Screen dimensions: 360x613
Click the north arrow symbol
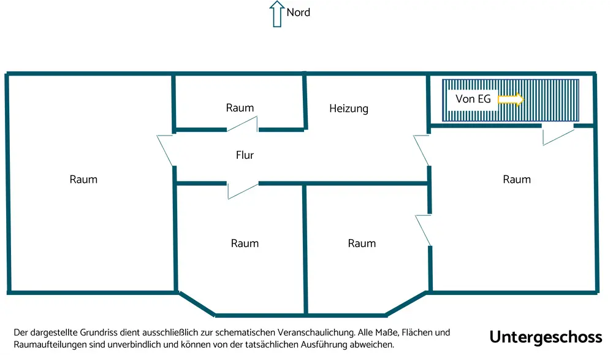tap(277, 14)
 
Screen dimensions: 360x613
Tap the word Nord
tap(299, 12)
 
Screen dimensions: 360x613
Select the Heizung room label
tap(349, 109)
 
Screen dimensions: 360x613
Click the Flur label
tap(245, 155)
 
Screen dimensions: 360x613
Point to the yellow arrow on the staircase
tap(510, 99)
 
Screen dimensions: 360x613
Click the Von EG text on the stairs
tap(473, 99)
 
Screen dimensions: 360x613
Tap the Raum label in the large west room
tap(83, 179)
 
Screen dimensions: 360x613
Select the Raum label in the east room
tap(517, 179)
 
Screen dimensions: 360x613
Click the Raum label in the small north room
tap(240, 108)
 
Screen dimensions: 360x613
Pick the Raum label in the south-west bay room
tap(245, 243)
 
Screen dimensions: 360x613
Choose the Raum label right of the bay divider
tap(362, 243)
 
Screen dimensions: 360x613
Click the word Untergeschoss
tap(546, 337)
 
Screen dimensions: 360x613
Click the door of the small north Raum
tap(242, 125)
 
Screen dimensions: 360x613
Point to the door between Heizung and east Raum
tap(422, 148)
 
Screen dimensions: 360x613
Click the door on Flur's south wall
tap(242, 190)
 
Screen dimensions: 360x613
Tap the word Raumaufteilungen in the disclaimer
tap(52, 344)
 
